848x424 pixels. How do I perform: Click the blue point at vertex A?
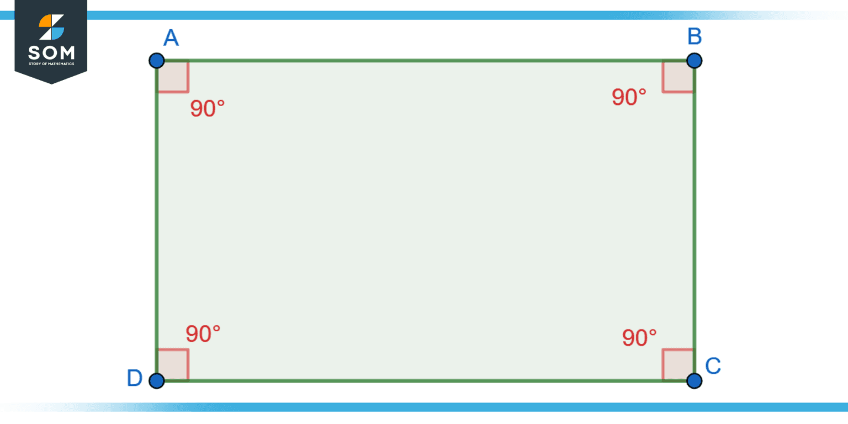157,61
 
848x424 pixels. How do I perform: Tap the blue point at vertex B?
694,61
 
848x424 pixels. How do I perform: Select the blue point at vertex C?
694,380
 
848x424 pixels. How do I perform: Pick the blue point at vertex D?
157,380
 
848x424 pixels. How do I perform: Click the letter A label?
171,38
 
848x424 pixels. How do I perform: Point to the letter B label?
695,36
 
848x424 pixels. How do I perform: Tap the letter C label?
713,365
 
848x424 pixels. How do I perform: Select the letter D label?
134,378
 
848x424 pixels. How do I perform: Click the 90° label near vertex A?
208,108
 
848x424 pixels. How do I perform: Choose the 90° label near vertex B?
629,97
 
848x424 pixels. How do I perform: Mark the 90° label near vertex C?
639,338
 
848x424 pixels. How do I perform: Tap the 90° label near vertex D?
203,334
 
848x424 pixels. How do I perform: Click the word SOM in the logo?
51,53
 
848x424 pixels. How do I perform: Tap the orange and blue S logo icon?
51,27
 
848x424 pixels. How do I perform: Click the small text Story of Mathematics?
51,63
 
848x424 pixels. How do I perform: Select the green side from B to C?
695,221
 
